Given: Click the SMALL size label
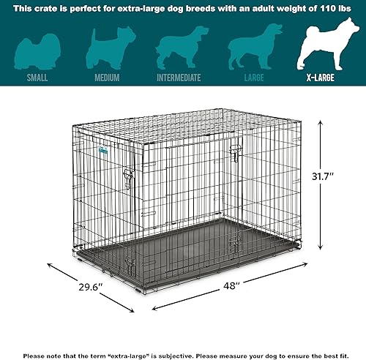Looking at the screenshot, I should tap(37, 77).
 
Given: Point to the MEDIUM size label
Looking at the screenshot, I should tap(108, 77).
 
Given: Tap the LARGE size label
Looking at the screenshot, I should tap(253, 77).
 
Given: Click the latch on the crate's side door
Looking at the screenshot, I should tap(129, 179).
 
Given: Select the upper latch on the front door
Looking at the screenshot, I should tap(235, 152).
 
